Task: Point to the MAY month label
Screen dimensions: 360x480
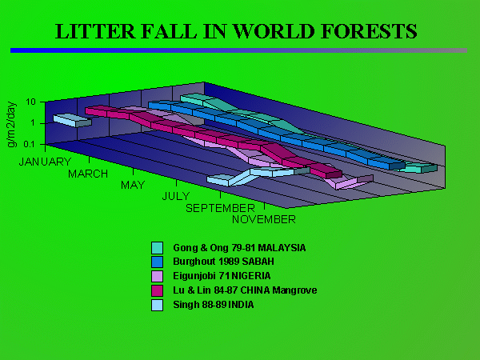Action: pyautogui.click(x=133, y=185)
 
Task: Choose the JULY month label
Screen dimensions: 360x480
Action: pyautogui.click(x=175, y=196)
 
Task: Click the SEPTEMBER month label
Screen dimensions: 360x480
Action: pyautogui.click(x=220, y=208)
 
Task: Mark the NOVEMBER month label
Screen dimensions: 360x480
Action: pyautogui.click(x=264, y=219)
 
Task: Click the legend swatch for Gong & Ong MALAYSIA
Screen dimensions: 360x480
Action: pyautogui.click(x=157, y=248)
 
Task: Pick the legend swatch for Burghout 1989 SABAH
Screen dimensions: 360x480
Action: pyautogui.click(x=157, y=262)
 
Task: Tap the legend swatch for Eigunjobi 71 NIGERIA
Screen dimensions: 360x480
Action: pyautogui.click(x=157, y=276)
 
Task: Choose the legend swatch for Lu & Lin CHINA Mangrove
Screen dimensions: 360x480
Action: pyautogui.click(x=157, y=290)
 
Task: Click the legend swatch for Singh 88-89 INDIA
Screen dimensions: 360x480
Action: pyautogui.click(x=157, y=304)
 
